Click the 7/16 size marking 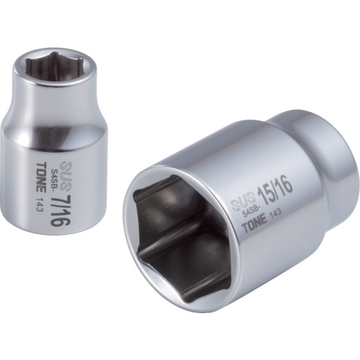click(58, 209)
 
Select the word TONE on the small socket click(41, 178)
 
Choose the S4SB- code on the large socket click(249, 211)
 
